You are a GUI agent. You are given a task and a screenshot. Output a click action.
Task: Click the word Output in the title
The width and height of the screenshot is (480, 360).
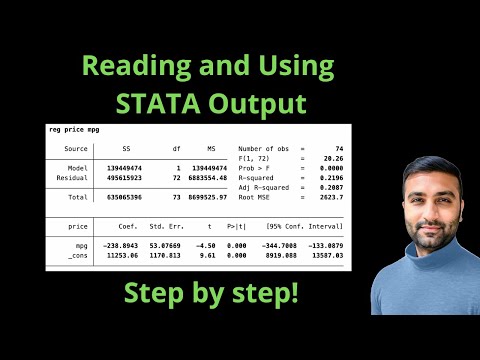(269, 102)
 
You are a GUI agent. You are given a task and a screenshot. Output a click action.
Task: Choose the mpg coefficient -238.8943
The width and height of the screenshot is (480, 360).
(123, 244)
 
